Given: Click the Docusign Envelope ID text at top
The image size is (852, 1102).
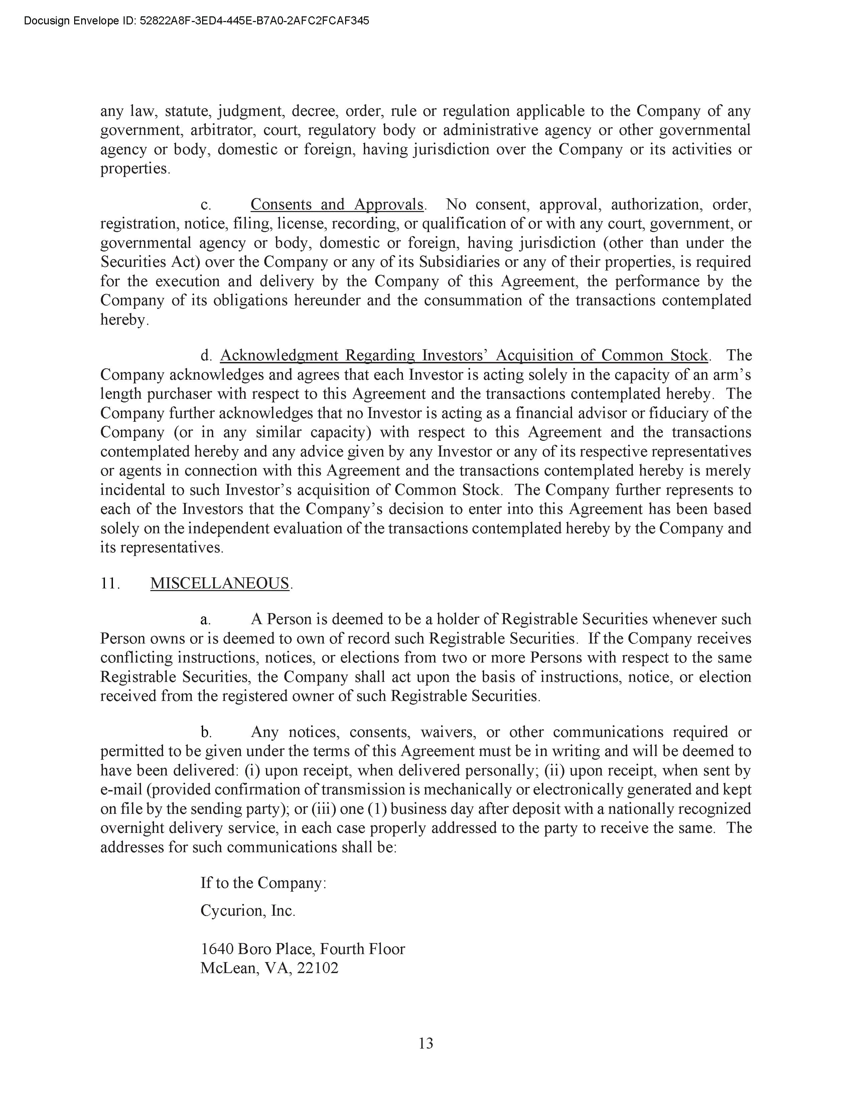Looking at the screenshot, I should tap(196, 21).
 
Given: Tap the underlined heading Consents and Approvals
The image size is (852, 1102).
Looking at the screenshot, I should tap(337, 204).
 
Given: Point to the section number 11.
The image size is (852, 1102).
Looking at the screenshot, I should tap(110, 583).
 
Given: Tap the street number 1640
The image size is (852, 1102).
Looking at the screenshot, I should tap(217, 949).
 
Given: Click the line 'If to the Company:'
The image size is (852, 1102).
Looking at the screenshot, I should tap(263, 883).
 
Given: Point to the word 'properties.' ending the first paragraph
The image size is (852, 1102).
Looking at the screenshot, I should tap(135, 169).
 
